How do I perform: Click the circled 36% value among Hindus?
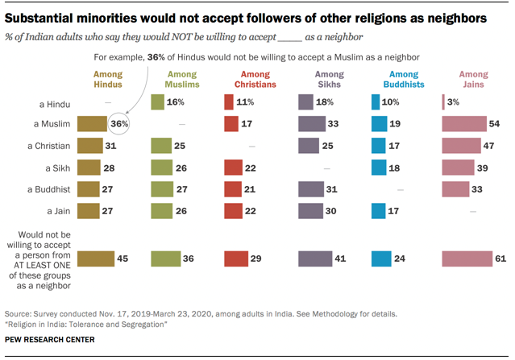(x=120, y=124)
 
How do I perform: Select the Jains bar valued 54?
(x=464, y=124)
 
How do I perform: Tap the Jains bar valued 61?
(x=467, y=259)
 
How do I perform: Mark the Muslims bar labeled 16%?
(x=157, y=102)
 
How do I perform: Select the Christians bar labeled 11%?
(x=229, y=102)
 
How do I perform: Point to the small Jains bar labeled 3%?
(x=443, y=102)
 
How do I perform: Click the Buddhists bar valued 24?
(x=381, y=259)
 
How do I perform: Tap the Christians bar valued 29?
(x=236, y=259)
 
